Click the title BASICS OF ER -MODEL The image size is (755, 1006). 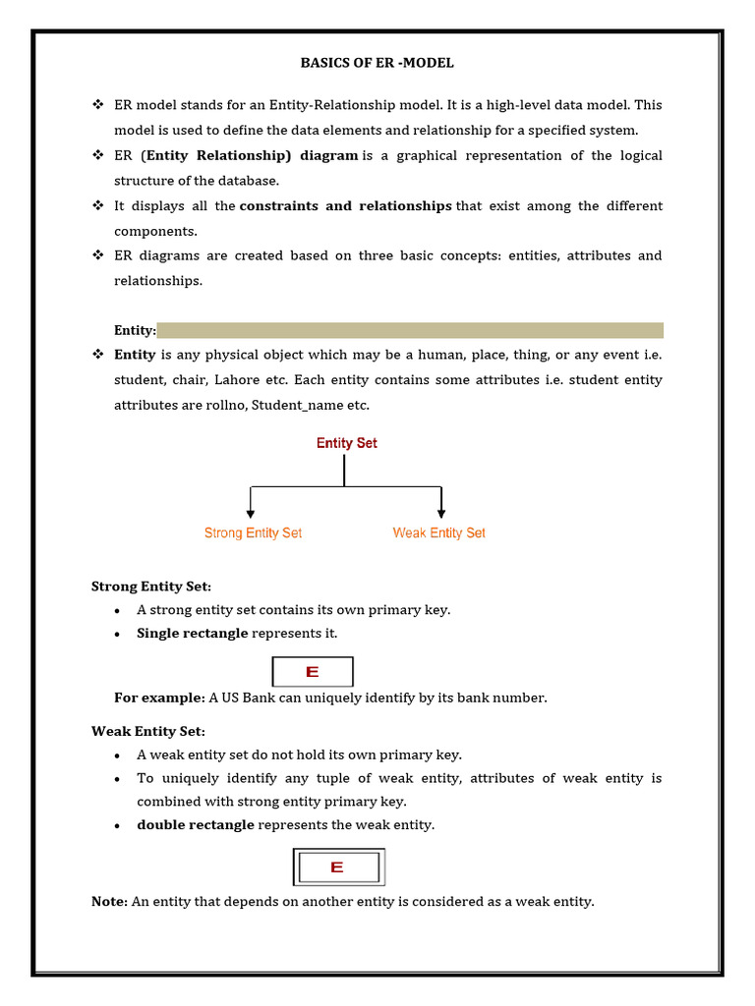pos(377,63)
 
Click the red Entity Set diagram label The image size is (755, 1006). pos(346,443)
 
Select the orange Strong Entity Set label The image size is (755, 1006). pos(253,532)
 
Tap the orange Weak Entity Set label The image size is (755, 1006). pos(438,532)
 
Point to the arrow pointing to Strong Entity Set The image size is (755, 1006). pos(252,505)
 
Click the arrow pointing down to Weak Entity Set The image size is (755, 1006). pos(441,505)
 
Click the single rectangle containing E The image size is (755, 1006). pos(313,672)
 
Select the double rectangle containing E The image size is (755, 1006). pos(338,867)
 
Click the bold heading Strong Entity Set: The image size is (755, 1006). pos(151,587)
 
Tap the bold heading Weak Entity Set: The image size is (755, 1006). pos(148,731)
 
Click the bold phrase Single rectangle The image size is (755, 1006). pos(193,634)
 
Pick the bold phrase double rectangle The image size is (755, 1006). pos(196,825)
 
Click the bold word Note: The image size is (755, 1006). pos(109,902)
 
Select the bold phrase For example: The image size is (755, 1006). pos(159,698)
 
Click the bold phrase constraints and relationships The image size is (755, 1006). pos(345,205)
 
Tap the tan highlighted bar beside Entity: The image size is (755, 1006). pos(410,330)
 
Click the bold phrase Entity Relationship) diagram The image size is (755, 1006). pos(253,155)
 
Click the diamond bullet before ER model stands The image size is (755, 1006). pos(97,104)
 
